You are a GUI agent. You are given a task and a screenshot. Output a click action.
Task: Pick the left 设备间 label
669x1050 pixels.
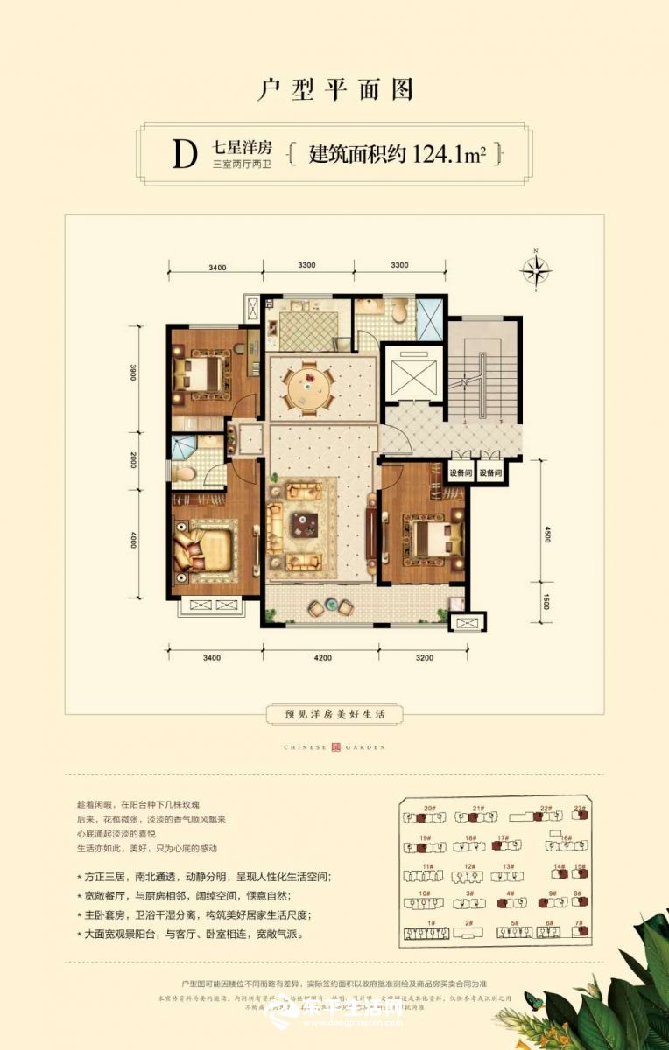(x=461, y=473)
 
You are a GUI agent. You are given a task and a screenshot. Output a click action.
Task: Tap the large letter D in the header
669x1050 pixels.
(x=183, y=155)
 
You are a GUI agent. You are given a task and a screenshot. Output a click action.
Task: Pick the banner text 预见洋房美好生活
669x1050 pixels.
(x=334, y=714)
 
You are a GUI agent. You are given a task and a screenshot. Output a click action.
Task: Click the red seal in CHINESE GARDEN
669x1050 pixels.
(x=334, y=747)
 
